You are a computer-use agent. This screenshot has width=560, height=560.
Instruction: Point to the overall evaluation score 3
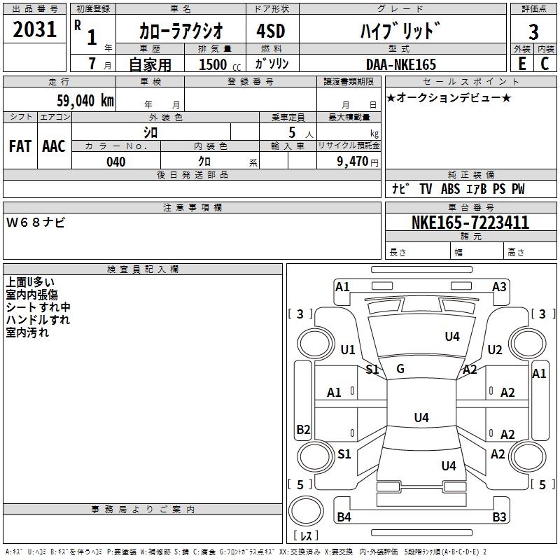(533, 31)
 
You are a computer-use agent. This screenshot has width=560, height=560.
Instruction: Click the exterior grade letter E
(521, 64)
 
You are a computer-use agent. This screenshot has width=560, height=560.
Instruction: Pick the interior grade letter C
(545, 64)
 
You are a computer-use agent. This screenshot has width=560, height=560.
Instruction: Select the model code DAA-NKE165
(400, 64)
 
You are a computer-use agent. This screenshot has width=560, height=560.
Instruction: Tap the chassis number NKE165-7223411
(470, 223)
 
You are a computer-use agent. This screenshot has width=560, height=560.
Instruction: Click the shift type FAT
(20, 146)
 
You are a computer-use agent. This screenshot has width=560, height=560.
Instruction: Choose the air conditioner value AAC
(53, 146)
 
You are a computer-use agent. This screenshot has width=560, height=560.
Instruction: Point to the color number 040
(115, 162)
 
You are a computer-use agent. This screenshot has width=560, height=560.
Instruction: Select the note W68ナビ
(36, 223)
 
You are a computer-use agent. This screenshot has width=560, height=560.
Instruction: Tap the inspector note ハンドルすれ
(38, 320)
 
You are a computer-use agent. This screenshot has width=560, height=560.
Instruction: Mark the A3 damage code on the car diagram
(499, 286)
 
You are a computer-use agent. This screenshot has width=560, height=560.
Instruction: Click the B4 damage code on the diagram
(344, 517)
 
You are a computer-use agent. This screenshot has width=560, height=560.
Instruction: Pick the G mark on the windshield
(400, 369)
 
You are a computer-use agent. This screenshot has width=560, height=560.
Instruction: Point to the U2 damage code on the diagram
(495, 350)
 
